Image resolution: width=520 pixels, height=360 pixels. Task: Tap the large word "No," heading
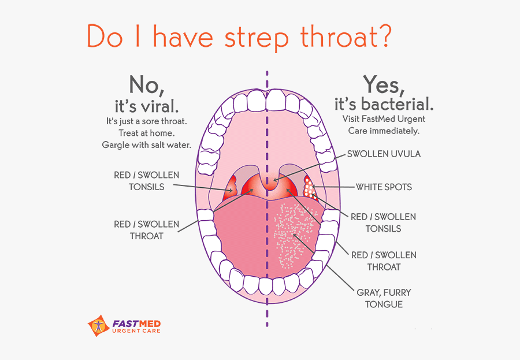pyautogui.click(x=147, y=85)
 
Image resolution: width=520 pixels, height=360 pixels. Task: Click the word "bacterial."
pyautogui.click(x=397, y=104)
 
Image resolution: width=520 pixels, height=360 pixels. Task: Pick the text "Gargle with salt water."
pyautogui.click(x=147, y=145)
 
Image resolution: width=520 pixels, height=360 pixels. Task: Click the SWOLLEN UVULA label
pyautogui.click(x=384, y=154)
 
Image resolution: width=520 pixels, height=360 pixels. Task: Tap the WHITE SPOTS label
pyautogui.click(x=384, y=187)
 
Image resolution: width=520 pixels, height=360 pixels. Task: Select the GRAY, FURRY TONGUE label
pyautogui.click(x=384, y=298)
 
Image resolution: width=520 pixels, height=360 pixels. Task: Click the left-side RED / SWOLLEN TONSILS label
pyautogui.click(x=147, y=181)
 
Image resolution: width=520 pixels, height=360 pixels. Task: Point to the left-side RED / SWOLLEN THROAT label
pyautogui.click(x=147, y=230)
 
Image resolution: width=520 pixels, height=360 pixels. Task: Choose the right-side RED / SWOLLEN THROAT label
pyautogui.click(x=384, y=261)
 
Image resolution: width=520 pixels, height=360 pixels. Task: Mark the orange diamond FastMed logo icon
pyautogui.click(x=98, y=326)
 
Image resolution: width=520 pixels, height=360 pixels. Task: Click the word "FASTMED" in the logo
pyautogui.click(x=136, y=324)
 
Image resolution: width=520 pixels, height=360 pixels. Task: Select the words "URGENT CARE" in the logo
pyautogui.click(x=136, y=331)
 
